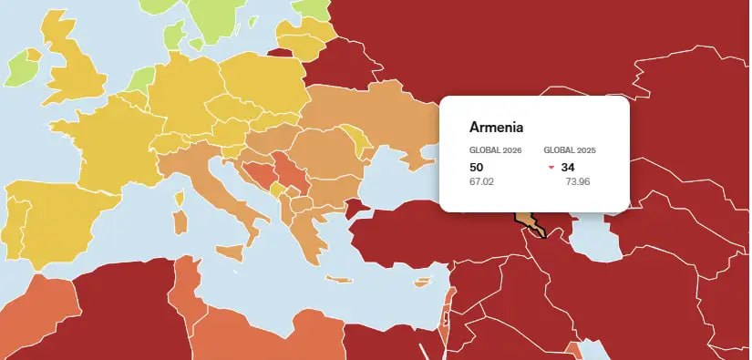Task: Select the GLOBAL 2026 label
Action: (495, 150)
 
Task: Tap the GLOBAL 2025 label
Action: (570, 150)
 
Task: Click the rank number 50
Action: (476, 167)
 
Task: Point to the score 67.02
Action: (481, 181)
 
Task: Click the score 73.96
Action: (578, 181)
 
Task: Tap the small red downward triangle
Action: (551, 168)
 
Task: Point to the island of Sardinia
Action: (181, 220)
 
